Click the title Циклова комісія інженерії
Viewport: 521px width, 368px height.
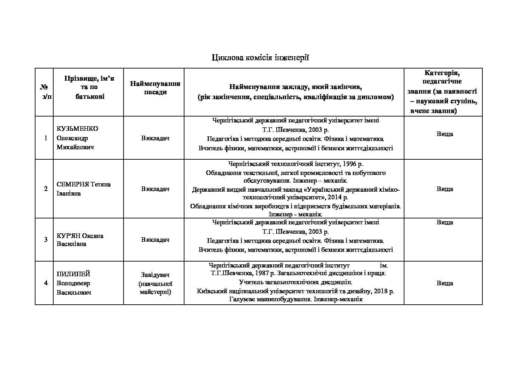(x=260, y=57)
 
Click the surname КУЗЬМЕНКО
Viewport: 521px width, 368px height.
(x=77, y=129)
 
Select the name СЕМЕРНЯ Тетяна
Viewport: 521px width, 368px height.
(x=84, y=184)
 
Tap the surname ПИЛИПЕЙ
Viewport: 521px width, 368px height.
(x=71, y=274)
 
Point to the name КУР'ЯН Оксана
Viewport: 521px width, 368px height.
(x=80, y=235)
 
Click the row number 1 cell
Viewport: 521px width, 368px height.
(x=46, y=138)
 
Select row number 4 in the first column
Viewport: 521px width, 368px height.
(x=46, y=283)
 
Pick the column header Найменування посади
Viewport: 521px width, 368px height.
(x=155, y=88)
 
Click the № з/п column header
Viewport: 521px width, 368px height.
(x=46, y=91)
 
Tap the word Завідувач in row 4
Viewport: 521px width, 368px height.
(x=155, y=275)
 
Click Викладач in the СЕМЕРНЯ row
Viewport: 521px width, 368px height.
(x=155, y=189)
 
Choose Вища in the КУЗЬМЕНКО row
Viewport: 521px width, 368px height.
(x=444, y=134)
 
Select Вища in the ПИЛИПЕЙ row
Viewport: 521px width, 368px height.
(x=444, y=283)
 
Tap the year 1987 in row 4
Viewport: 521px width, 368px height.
(x=262, y=273)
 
